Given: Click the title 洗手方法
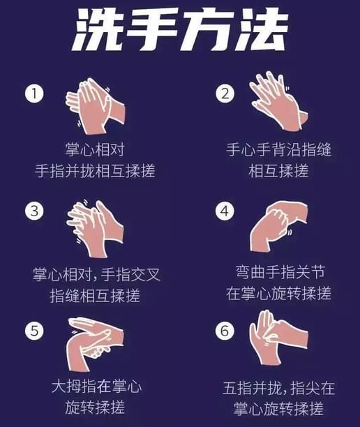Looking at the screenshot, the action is (x=180, y=29).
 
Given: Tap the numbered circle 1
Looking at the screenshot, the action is (x=34, y=93).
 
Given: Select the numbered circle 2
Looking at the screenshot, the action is (x=225, y=93).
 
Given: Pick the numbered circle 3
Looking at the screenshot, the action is (x=34, y=211).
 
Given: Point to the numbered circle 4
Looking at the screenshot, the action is (x=225, y=211).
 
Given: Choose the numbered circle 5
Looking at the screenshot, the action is (x=34, y=331).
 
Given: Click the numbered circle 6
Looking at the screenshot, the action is (x=225, y=331).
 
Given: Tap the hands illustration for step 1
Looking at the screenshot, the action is (x=96, y=106).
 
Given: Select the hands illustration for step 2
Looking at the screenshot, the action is (x=278, y=101).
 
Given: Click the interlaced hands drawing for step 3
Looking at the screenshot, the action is (x=95, y=228).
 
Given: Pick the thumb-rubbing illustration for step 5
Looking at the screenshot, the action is (x=95, y=344).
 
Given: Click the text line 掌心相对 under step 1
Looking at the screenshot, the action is (x=95, y=150).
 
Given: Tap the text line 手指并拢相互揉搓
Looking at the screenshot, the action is (x=95, y=171).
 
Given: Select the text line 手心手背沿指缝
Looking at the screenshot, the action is (x=279, y=150).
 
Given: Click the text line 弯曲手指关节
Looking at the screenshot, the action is (x=280, y=272).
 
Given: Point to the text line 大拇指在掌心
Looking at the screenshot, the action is (x=96, y=387).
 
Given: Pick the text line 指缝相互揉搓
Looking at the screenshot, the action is (x=95, y=296).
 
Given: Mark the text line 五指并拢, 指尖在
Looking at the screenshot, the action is (x=278, y=388).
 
